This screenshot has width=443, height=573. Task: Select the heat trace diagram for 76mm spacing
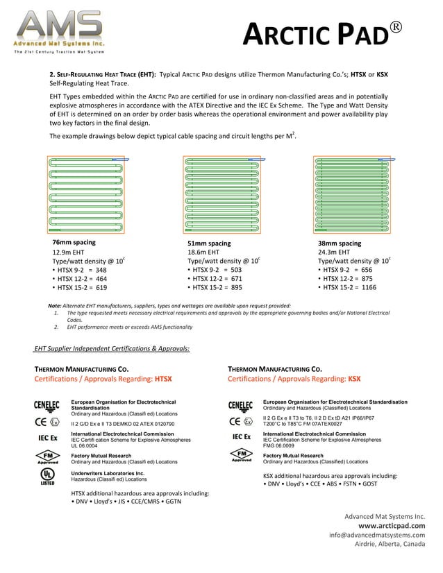tap(87, 194)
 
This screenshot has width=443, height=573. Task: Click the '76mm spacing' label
tap(74, 243)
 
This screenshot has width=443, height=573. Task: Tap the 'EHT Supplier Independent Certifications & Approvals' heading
tap(112, 348)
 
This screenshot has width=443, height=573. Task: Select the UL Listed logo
tap(47, 477)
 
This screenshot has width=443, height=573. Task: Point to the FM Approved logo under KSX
tap(241, 456)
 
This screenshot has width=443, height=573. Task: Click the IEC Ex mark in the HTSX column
tap(47, 438)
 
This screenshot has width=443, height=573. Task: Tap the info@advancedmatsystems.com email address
tap(377, 535)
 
